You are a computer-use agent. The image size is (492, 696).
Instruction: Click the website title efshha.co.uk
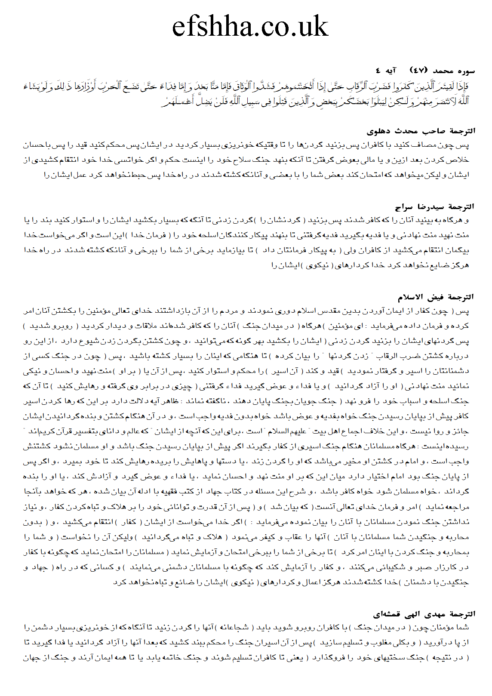(x=250, y=27)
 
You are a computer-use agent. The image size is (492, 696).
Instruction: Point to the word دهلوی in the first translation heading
(x=380, y=131)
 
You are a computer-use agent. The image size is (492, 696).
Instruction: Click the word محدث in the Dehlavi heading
(x=409, y=131)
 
